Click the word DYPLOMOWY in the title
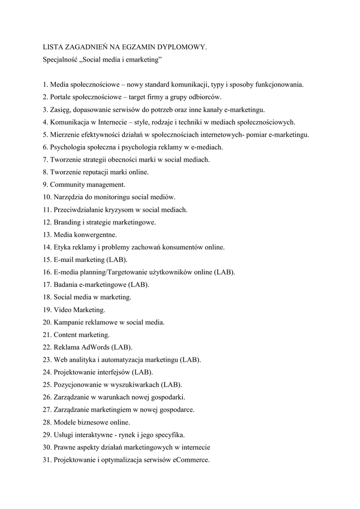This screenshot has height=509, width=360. [x=181, y=47]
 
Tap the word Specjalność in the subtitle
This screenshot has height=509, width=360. [x=60, y=60]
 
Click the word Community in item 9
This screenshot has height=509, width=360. [x=68, y=184]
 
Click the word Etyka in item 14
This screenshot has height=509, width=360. [x=63, y=247]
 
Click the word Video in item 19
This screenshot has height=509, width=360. [x=63, y=310]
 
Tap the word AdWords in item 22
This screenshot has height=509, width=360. [x=94, y=347]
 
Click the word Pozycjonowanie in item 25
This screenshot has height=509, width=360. [x=76, y=385]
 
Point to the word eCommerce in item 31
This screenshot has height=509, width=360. [x=190, y=460]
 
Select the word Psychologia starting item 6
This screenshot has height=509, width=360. [x=68, y=147]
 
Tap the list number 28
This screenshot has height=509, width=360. [x=47, y=422]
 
